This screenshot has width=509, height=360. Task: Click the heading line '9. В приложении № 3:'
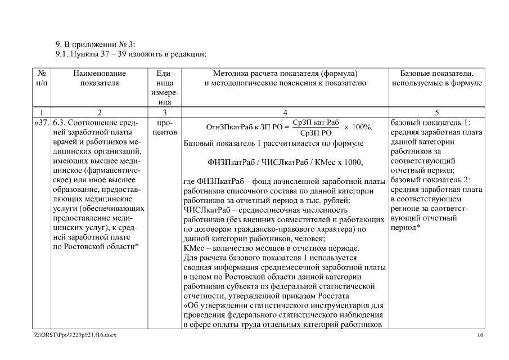tap(95, 44)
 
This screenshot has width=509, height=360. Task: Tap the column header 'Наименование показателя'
tap(99, 78)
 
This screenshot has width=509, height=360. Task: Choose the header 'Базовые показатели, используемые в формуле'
tap(436, 78)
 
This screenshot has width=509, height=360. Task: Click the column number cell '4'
tap(285, 112)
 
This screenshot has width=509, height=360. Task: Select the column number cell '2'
tap(99, 112)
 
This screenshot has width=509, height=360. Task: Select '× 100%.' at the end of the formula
tap(358, 127)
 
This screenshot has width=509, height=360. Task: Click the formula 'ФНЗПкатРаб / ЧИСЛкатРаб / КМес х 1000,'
tap(285, 163)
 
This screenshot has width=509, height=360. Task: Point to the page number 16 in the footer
tap(480, 335)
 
